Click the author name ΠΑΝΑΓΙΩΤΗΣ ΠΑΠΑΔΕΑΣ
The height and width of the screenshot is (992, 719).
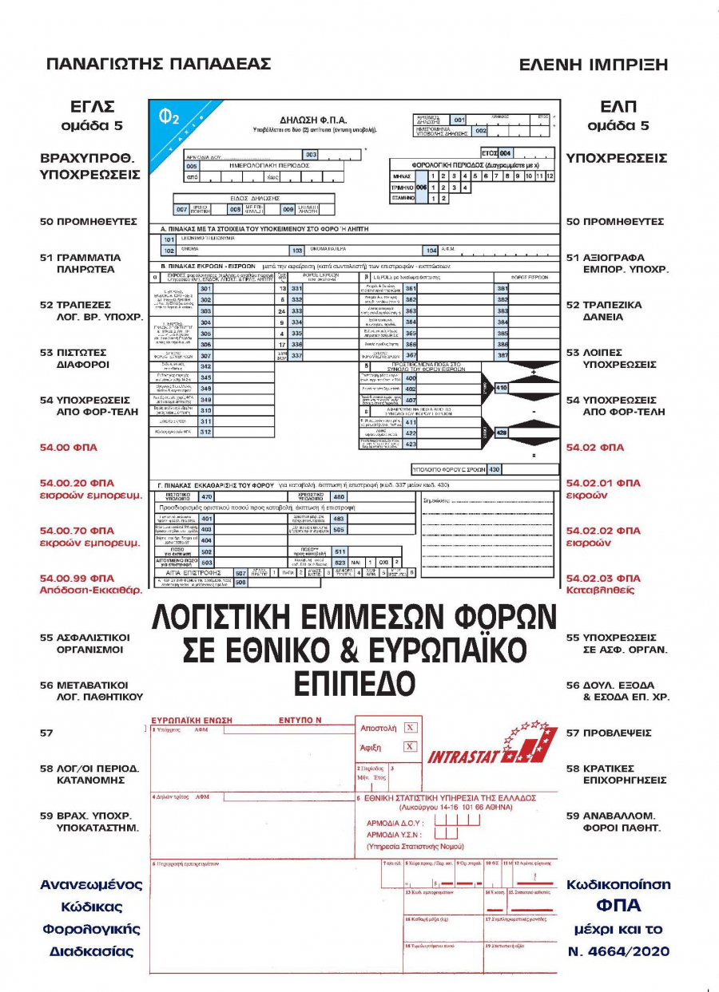coord(158,65)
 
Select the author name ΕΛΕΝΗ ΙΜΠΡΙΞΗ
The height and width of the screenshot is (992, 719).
coord(593,65)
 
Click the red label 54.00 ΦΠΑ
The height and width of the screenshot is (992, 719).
coord(68,448)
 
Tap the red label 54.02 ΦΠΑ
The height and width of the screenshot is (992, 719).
coord(594,448)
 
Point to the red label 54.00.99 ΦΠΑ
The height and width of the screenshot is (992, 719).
coord(77,578)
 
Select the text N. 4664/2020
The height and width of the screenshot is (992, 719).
coord(618,951)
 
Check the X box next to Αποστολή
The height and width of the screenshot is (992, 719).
coord(410,728)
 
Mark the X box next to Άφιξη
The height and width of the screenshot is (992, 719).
coord(410,747)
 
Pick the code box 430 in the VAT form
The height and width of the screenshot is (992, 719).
coord(494,469)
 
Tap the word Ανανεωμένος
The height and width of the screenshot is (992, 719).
coord(91,885)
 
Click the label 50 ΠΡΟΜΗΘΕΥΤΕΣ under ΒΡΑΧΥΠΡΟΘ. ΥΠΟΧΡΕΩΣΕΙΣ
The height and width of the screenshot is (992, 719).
coord(89,221)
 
